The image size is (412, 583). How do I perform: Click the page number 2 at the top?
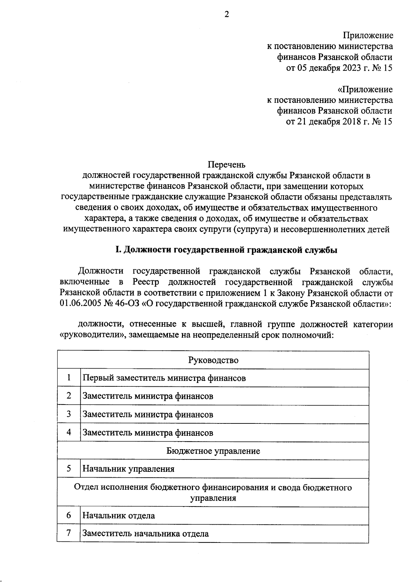click(x=226, y=14)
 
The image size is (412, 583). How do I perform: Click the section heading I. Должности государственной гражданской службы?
click(x=226, y=250)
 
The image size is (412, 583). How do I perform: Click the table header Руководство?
click(x=213, y=360)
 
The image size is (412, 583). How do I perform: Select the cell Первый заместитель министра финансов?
click(x=164, y=378)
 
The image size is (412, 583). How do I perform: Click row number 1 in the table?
click(x=69, y=378)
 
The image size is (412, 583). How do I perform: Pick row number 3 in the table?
click(x=69, y=414)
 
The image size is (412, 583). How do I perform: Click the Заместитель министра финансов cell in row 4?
click(x=148, y=433)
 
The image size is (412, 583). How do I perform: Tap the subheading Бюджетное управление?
click(x=213, y=451)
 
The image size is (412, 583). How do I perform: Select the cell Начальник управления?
click(x=128, y=469)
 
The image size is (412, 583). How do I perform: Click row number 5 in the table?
click(x=69, y=469)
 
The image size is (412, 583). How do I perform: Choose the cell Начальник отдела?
click(x=118, y=515)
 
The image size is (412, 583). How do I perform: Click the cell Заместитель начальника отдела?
click(x=145, y=534)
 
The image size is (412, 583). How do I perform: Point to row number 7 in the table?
click(x=69, y=533)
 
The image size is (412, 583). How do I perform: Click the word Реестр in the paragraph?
click(x=144, y=282)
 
